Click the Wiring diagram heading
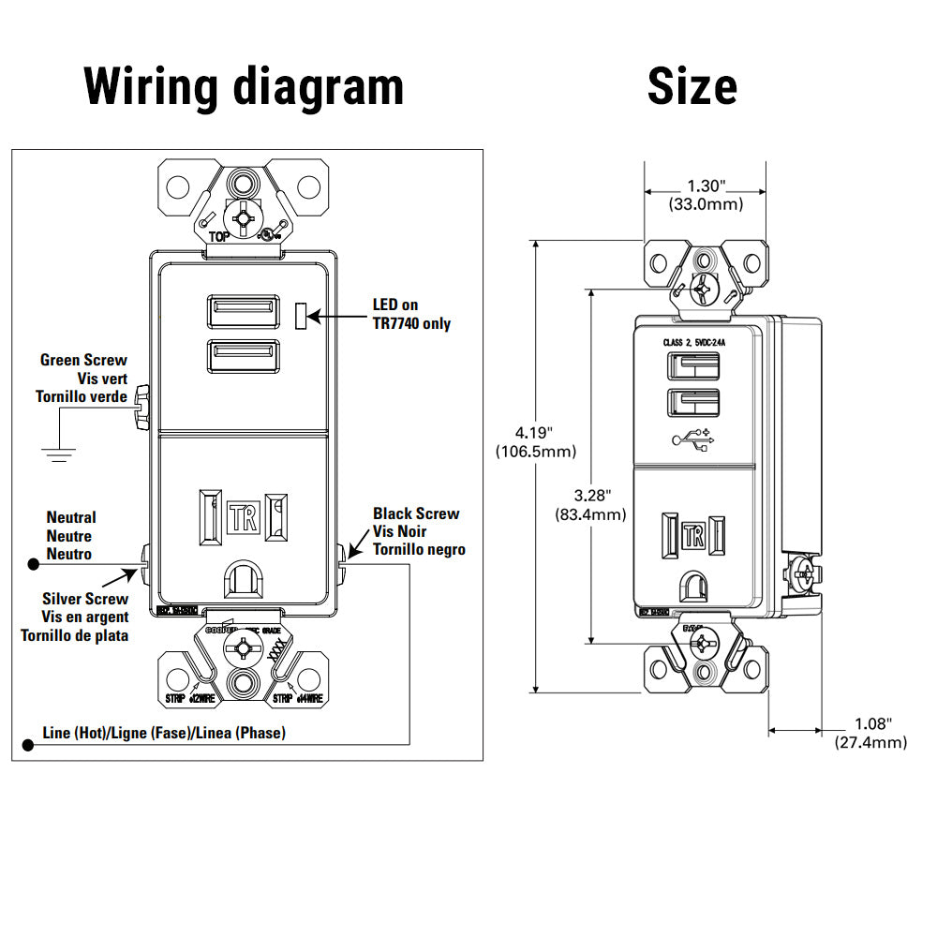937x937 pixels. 244,86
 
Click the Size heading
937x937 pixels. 692,86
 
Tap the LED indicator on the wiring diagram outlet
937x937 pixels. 301,316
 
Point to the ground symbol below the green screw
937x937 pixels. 59,454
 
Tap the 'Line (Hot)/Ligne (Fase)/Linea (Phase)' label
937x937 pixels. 165,733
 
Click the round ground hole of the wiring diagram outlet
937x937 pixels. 244,578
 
